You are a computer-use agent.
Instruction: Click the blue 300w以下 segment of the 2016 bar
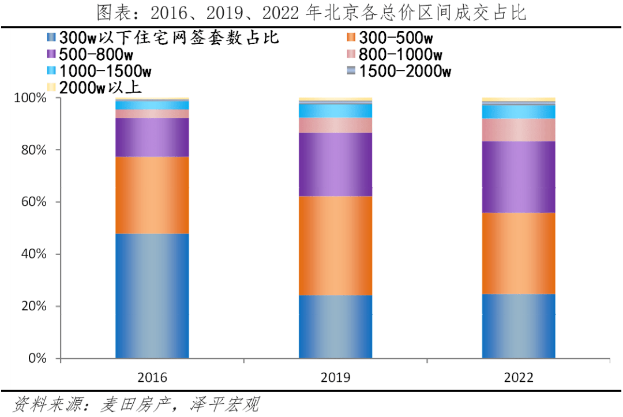pyautogui.click(x=152, y=295)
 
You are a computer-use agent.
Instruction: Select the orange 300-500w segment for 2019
pyautogui.click(x=335, y=246)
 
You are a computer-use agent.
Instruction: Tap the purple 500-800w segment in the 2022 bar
pyautogui.click(x=519, y=177)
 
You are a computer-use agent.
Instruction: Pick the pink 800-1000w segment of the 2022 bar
pyautogui.click(x=519, y=130)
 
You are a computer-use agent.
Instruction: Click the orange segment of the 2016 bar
pyautogui.click(x=152, y=195)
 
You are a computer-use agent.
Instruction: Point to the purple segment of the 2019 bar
pyautogui.click(x=335, y=164)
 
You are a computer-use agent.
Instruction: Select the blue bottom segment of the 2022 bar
pyautogui.click(x=519, y=326)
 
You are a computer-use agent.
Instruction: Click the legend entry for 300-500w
pyautogui.click(x=395, y=38)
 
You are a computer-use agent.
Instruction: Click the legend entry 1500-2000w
pyautogui.click(x=404, y=72)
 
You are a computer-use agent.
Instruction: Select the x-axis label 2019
pyautogui.click(x=335, y=378)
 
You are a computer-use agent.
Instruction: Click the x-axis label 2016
pyautogui.click(x=152, y=378)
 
